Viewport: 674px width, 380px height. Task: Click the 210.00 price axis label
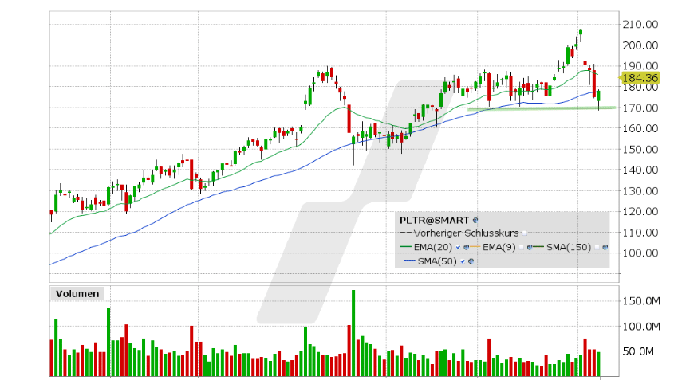coord(640,25)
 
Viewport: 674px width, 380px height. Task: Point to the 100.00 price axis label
coord(640,253)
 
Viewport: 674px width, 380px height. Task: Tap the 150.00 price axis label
coord(640,150)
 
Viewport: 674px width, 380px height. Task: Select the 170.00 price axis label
coord(640,108)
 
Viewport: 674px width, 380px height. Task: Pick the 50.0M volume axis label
coord(640,351)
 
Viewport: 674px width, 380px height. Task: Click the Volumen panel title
coord(77,293)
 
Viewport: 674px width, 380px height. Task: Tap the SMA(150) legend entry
coord(568,247)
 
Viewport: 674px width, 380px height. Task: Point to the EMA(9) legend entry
coord(499,247)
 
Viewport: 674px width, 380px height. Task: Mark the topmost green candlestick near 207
coord(581,34)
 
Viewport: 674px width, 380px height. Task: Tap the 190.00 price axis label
coord(640,66)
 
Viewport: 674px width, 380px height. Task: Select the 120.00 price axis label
coord(640,212)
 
